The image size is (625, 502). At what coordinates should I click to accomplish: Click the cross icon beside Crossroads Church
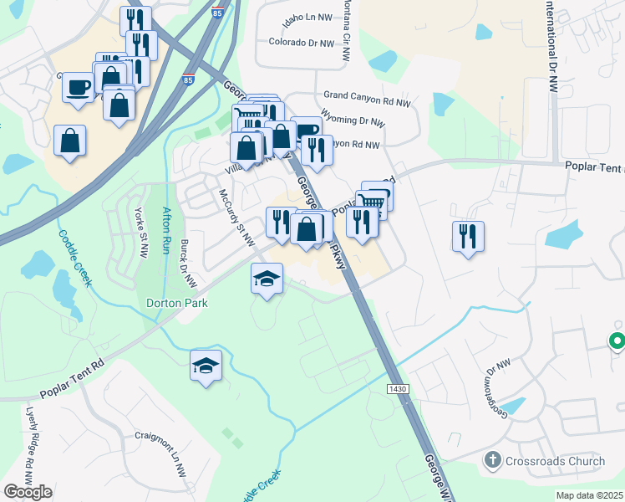pos(493,461)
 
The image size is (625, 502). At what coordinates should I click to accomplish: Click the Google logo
pos(28,492)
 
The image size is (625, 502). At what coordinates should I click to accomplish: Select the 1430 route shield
pos(398,389)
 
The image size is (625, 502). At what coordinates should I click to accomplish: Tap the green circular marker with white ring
pos(617,341)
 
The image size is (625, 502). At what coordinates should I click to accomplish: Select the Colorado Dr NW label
pos(302,43)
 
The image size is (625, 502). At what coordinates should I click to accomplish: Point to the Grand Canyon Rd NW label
pos(368,102)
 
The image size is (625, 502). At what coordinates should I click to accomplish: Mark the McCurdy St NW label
pos(236,218)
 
